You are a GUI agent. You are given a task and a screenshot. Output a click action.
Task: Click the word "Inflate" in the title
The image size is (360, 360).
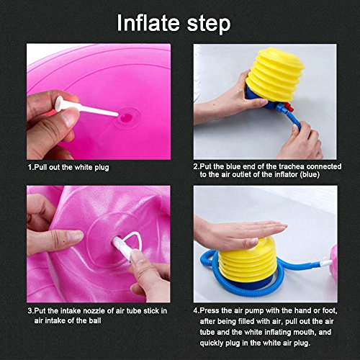pos(148,23)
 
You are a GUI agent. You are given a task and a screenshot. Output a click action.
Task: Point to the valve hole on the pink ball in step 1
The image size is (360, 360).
pos(126,117)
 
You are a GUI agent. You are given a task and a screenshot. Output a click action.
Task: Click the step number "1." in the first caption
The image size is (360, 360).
pos(31,167)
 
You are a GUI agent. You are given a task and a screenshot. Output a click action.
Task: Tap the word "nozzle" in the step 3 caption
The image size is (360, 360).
pos(94,311)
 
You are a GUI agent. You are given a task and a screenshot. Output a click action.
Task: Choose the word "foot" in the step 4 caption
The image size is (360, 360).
pos(330,311)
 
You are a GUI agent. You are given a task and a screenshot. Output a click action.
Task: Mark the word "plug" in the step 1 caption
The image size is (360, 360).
pos(102,168)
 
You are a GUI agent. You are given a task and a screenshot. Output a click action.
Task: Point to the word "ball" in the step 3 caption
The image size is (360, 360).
pos(94,320)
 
